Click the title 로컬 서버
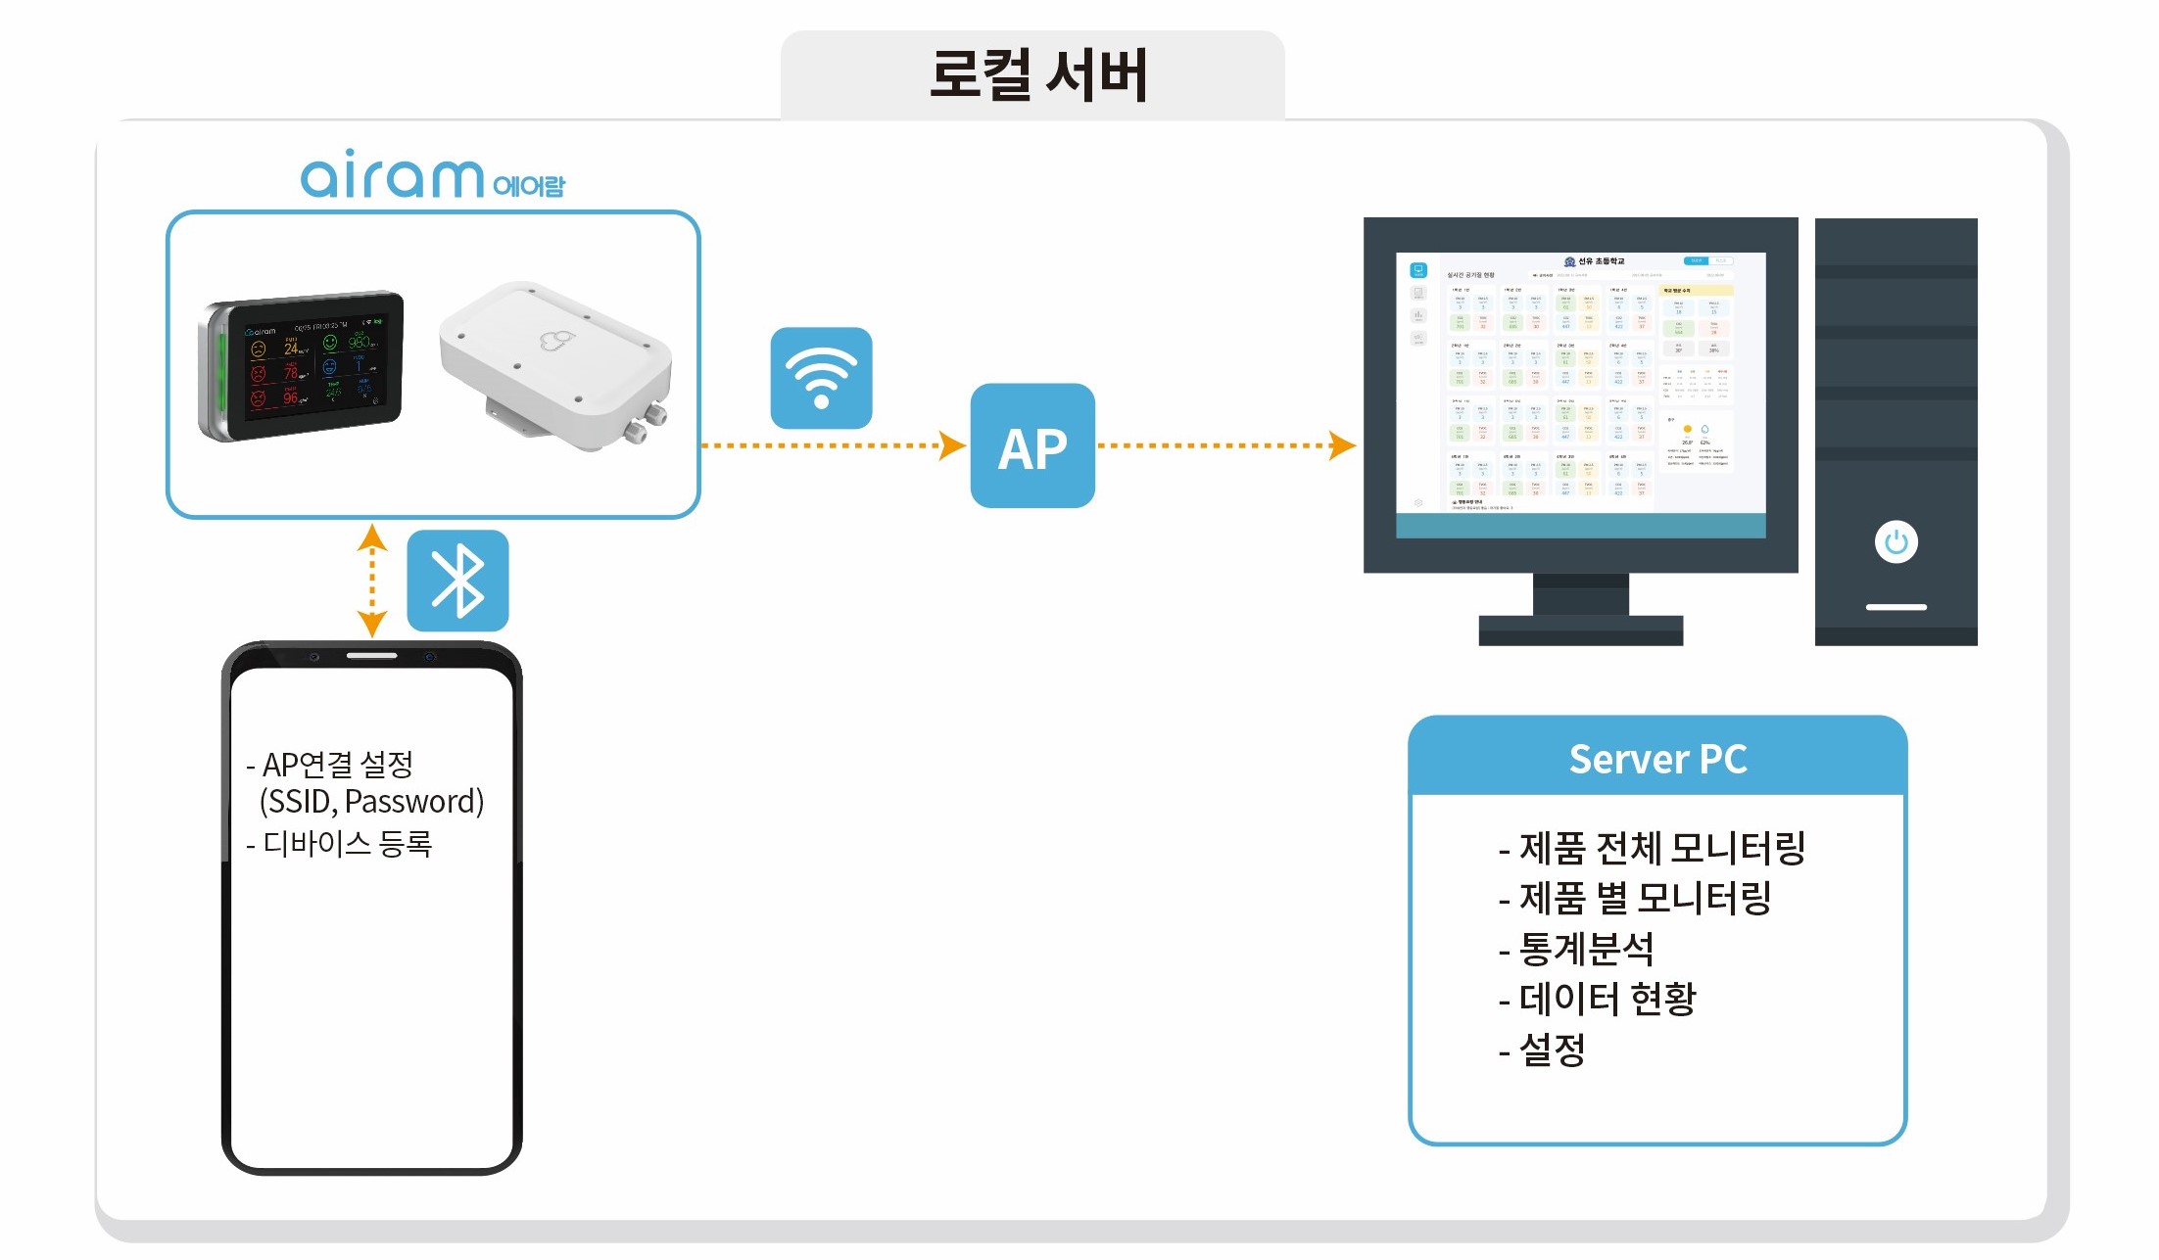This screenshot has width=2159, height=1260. click(1036, 75)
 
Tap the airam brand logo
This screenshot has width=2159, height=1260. click(432, 176)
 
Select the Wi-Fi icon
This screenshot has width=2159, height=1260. click(821, 378)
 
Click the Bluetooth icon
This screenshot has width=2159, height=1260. click(457, 581)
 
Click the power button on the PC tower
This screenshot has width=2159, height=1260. click(1895, 541)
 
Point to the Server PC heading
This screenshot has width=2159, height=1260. click(1657, 760)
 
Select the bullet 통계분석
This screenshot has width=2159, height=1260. click(1585, 948)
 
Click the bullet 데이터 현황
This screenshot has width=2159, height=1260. click(1607, 999)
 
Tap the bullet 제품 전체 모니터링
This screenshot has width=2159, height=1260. click(1661, 848)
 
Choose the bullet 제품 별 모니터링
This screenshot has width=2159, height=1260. click(1645, 898)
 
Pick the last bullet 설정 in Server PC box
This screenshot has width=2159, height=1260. click(1552, 1050)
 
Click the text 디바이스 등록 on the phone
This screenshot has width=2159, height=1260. click(347, 843)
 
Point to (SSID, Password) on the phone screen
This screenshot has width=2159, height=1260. click(371, 802)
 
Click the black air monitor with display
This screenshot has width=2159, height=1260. click(302, 365)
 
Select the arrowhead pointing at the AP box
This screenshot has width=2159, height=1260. click(951, 445)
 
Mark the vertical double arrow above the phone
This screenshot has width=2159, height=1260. click(371, 581)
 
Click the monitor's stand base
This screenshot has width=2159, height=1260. click(1580, 630)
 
